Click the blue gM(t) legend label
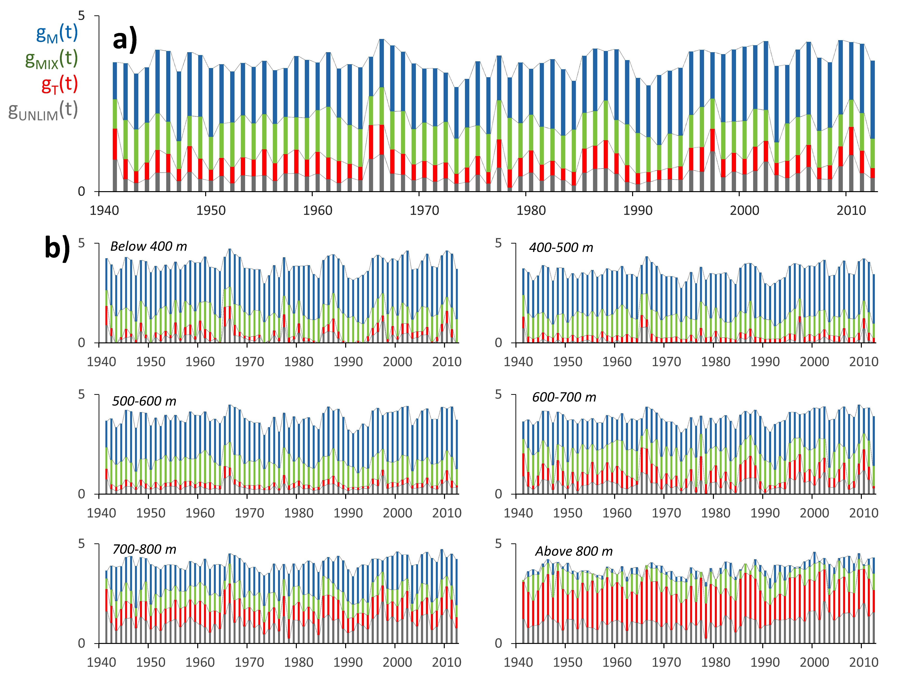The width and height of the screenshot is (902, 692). [57, 33]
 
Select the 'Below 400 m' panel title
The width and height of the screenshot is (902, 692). [148, 246]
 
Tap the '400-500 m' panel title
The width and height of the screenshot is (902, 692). [561, 248]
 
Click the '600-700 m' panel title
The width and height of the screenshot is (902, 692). [564, 397]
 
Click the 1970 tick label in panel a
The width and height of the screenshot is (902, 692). [425, 210]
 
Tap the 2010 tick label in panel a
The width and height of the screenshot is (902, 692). [851, 210]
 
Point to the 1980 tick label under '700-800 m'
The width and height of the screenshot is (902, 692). [299, 662]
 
